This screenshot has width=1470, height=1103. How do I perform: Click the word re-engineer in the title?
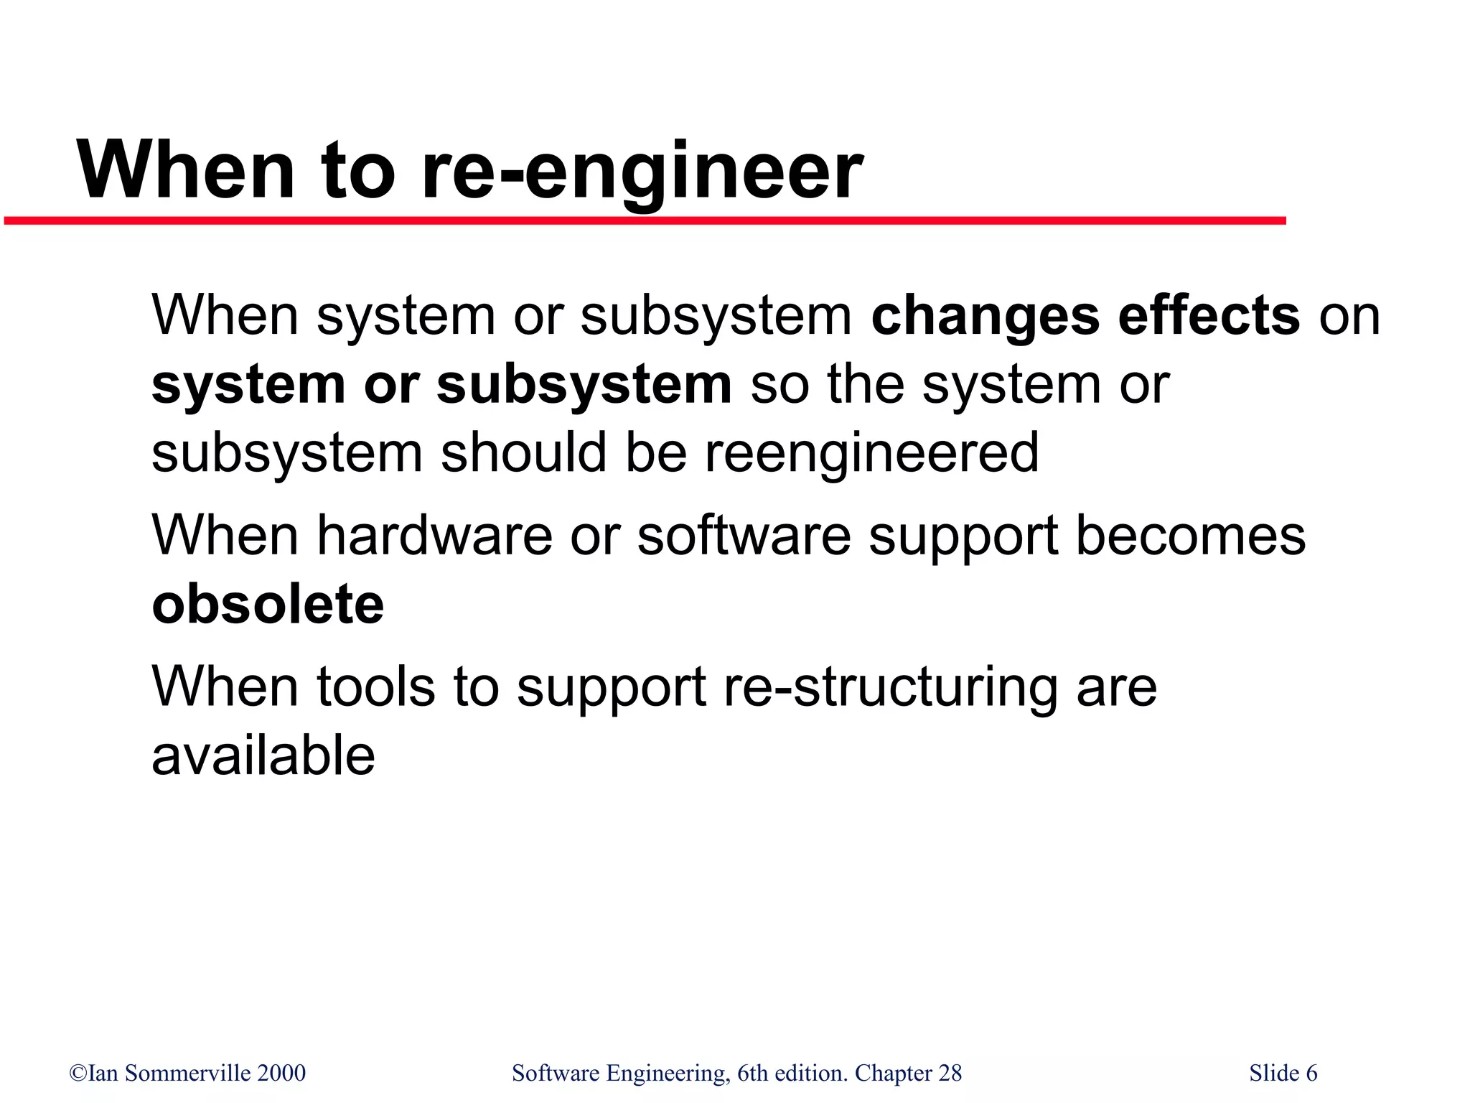[x=642, y=172]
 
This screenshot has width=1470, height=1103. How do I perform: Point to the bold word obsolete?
[x=268, y=605]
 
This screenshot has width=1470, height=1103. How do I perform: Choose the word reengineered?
[x=871, y=454]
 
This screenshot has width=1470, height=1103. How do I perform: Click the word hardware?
[x=435, y=536]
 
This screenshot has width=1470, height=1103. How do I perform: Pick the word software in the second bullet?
[x=744, y=536]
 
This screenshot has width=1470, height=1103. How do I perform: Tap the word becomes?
[x=1191, y=536]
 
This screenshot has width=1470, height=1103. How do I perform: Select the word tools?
[x=375, y=687]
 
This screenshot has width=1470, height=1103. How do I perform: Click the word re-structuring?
[x=891, y=687]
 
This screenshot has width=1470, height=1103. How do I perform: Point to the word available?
[x=263, y=756]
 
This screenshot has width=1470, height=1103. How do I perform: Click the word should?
[x=523, y=454]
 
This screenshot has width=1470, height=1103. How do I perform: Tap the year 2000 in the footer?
[x=281, y=1073]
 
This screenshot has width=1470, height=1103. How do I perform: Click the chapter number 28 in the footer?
[x=950, y=1073]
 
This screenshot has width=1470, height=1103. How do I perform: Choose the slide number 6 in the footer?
[x=1311, y=1073]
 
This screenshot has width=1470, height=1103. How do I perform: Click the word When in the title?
[x=186, y=172]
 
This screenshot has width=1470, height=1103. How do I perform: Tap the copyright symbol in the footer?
[x=78, y=1074]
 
